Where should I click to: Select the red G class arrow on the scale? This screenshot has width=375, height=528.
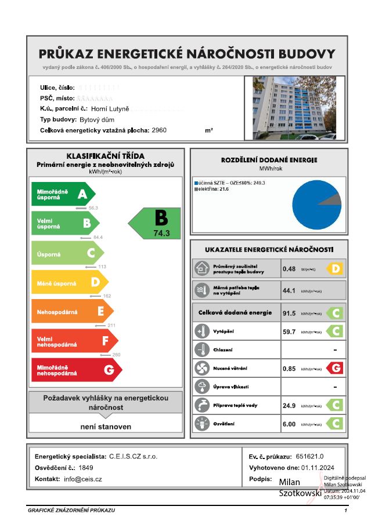75,370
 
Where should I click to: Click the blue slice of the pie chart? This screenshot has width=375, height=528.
313,209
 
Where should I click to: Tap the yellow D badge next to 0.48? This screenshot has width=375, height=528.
334,268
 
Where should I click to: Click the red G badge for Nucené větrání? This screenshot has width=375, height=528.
334,367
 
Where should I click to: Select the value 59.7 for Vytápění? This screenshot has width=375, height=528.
289,332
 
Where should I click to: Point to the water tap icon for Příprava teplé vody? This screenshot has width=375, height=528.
201,405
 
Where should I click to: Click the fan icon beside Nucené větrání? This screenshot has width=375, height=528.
201,368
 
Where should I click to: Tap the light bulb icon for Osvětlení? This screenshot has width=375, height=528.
201,423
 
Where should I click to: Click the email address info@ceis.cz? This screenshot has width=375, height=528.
83,479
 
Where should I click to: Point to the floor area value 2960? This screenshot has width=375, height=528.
158,130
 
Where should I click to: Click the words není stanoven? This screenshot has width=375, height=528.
106,427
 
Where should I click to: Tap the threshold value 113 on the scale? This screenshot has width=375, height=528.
102,267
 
